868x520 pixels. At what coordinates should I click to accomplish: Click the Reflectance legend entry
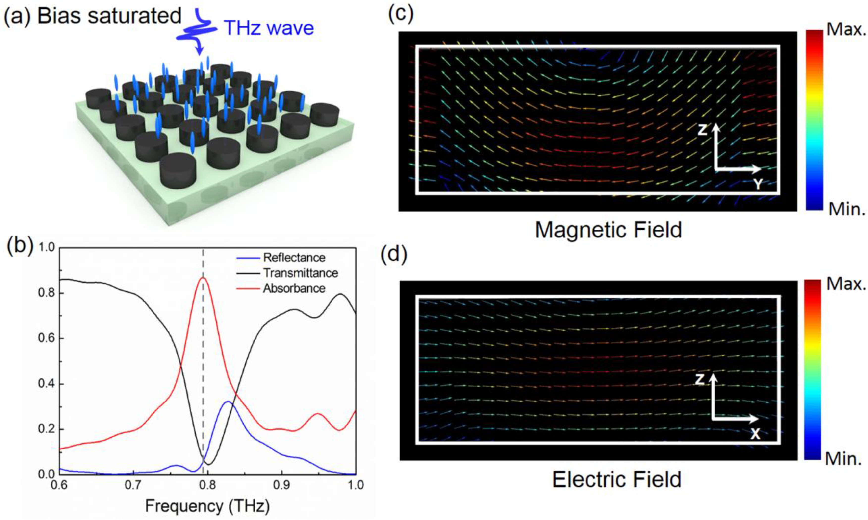pyautogui.click(x=294, y=258)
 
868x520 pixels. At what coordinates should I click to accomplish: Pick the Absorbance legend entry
pyautogui.click(x=294, y=288)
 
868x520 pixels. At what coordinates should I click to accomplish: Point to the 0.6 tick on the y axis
pyautogui.click(x=46, y=338)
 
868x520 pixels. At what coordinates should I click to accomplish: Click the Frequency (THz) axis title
pyautogui.click(x=207, y=506)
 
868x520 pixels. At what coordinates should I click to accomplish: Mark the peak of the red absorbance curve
pyautogui.click(x=203, y=278)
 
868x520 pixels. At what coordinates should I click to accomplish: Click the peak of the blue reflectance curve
pyautogui.click(x=228, y=402)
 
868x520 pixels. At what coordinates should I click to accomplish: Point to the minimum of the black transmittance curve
pyautogui.click(x=209, y=464)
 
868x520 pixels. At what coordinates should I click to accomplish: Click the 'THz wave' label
pyautogui.click(x=269, y=28)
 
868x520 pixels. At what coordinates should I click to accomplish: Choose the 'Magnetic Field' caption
pyautogui.click(x=608, y=230)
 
